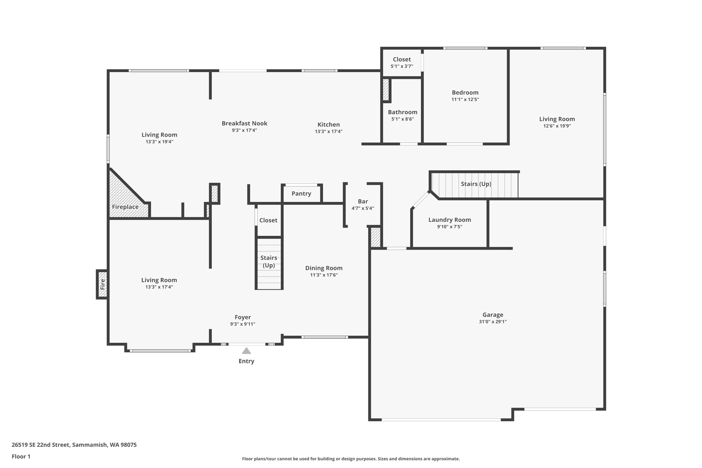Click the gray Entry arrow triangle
246,351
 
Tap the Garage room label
493,314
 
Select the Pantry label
301,193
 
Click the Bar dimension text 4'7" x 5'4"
363,208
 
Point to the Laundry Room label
449,220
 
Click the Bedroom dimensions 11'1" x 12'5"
465,99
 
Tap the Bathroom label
402,112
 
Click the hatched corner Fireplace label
125,207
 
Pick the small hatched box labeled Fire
102,284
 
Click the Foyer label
243,317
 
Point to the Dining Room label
324,268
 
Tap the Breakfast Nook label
244,123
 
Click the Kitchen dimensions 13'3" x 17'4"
328,131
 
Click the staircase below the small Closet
269,262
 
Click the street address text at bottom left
74,445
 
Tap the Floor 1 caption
21,456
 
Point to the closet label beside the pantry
268,220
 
